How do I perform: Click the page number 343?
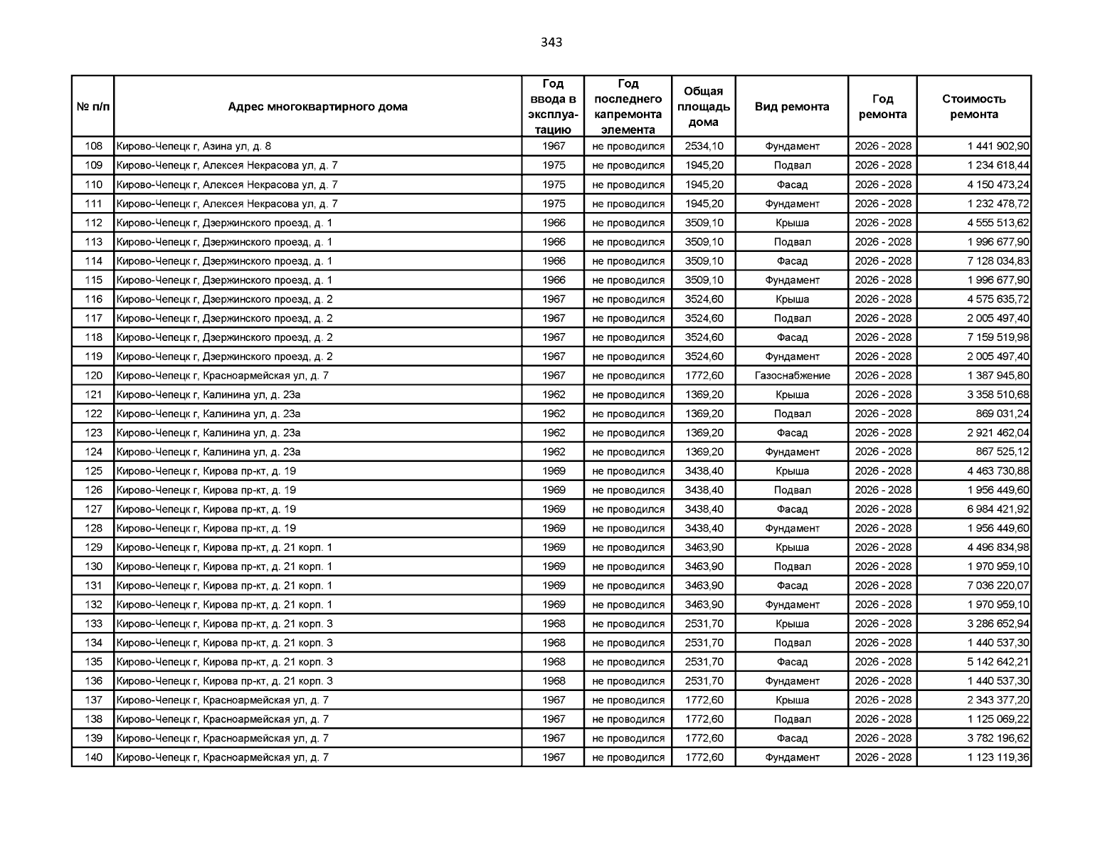pos(551,42)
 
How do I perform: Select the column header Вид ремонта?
pos(791,107)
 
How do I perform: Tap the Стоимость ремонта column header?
pos(973,107)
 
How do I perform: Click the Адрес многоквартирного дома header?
pos(317,107)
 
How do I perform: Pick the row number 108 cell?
pos(93,147)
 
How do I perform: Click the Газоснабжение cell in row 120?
pos(792,376)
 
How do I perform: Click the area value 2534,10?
pos(704,147)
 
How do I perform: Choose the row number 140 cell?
pos(93,758)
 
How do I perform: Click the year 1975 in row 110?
pos(554,185)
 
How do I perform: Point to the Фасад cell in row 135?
pos(792,662)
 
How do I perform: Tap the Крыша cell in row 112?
pos(792,223)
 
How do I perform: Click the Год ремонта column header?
pos(882,107)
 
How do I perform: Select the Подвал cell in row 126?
pos(792,490)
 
